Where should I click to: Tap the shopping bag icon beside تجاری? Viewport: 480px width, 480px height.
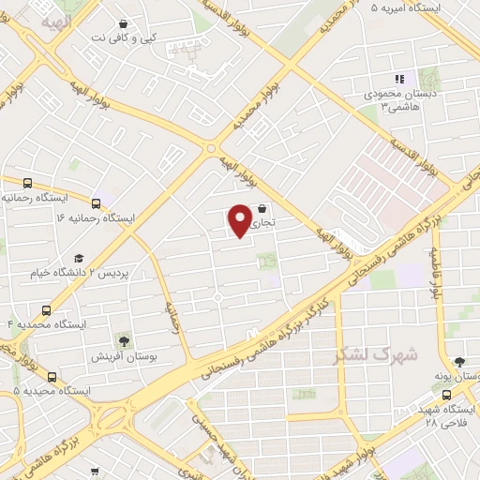click(262, 209)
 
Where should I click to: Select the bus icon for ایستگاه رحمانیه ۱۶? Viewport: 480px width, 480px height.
click(97, 202)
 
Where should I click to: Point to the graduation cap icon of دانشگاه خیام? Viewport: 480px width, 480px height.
click(80, 257)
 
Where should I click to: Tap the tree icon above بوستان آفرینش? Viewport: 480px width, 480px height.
click(123, 339)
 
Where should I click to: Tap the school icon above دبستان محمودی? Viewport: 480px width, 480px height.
click(398, 80)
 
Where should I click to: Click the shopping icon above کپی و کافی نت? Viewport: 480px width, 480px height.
click(124, 24)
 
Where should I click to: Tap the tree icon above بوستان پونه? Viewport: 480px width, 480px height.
click(458, 361)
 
